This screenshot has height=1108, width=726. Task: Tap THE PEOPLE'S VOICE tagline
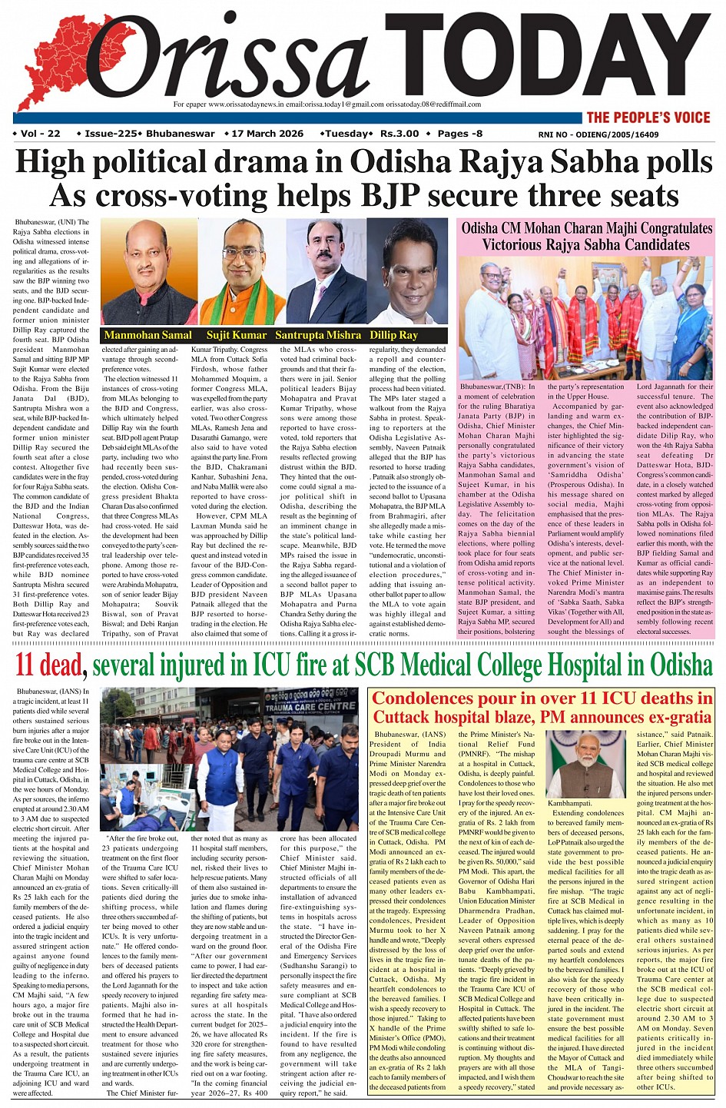tap(648, 118)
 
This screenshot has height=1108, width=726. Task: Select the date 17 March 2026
tap(267, 134)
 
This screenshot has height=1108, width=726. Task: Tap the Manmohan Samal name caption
tap(148, 335)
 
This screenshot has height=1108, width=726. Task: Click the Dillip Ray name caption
tap(393, 335)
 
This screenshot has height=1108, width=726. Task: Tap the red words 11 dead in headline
tap(48, 664)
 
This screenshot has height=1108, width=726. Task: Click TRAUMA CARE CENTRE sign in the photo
tap(310, 705)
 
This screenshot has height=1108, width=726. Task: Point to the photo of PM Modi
tap(585, 764)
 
